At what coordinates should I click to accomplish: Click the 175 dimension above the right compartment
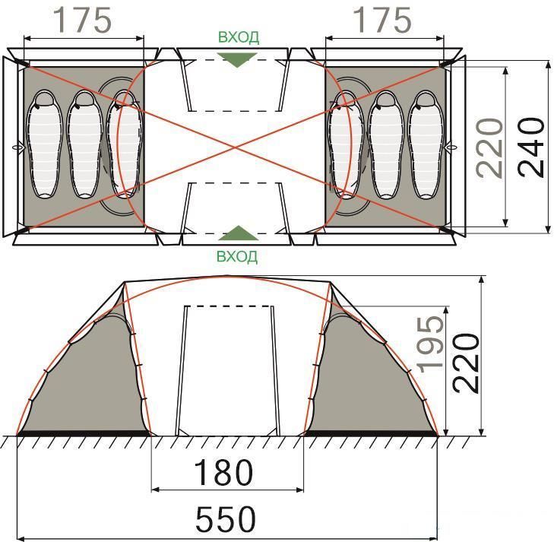[x=383, y=21]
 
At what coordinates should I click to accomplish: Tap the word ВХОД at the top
[x=239, y=37]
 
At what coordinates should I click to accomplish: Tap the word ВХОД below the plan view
[x=237, y=256]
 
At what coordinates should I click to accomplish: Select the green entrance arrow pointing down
[x=237, y=59]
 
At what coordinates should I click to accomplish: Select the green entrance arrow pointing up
[x=238, y=233]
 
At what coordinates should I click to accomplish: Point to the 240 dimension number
[x=532, y=147]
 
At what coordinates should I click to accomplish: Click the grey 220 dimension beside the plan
[x=489, y=147]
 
